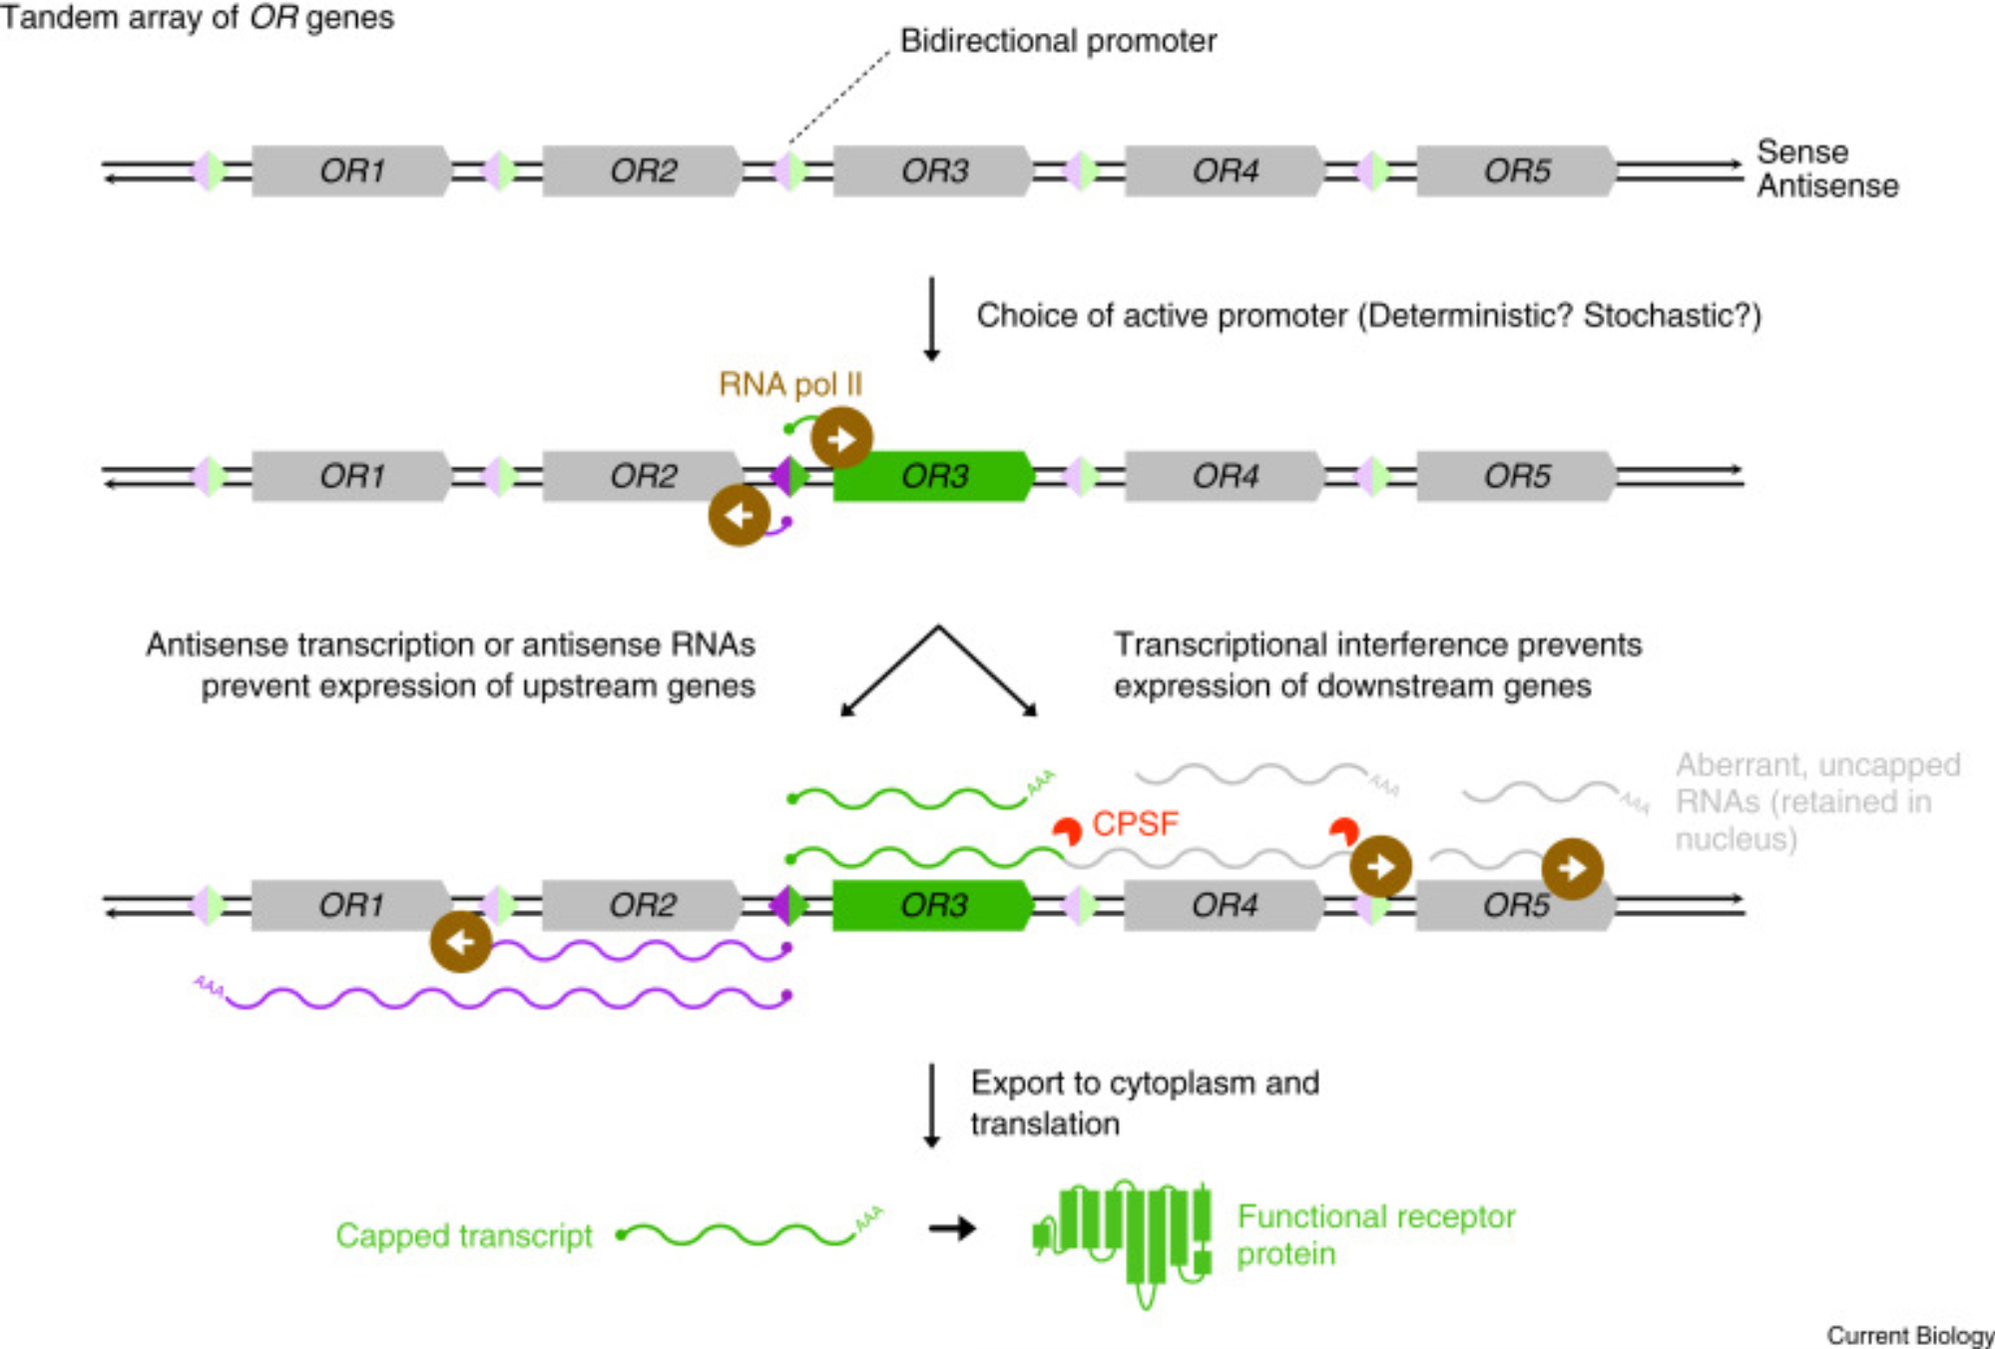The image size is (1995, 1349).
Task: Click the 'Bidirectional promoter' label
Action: [x=1058, y=41]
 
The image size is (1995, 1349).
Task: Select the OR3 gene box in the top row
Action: [x=933, y=171]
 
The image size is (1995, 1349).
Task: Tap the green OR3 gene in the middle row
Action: [x=933, y=476]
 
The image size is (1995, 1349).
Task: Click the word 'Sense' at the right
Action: [x=1802, y=152]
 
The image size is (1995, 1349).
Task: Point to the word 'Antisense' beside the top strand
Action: [x=1827, y=187]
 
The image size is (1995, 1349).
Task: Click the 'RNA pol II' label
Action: [x=790, y=384]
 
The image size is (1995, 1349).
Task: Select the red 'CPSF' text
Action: [x=1135, y=824]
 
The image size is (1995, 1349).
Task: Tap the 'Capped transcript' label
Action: [x=464, y=1235]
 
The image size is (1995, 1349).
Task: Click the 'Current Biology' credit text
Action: [x=1909, y=1335]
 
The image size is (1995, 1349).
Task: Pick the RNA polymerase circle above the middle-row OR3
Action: [x=841, y=438]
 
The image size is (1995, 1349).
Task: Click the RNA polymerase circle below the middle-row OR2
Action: [x=740, y=515]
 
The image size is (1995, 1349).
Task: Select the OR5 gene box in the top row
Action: [x=1516, y=171]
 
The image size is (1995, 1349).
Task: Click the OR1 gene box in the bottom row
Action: [x=350, y=905]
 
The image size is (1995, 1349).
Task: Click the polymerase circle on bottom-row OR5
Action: [x=1572, y=868]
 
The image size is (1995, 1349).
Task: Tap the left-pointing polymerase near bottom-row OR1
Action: [x=460, y=941]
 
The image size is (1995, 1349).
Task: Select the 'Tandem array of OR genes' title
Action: [x=198, y=17]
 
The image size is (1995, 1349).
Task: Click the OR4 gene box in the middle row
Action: [x=1225, y=476]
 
